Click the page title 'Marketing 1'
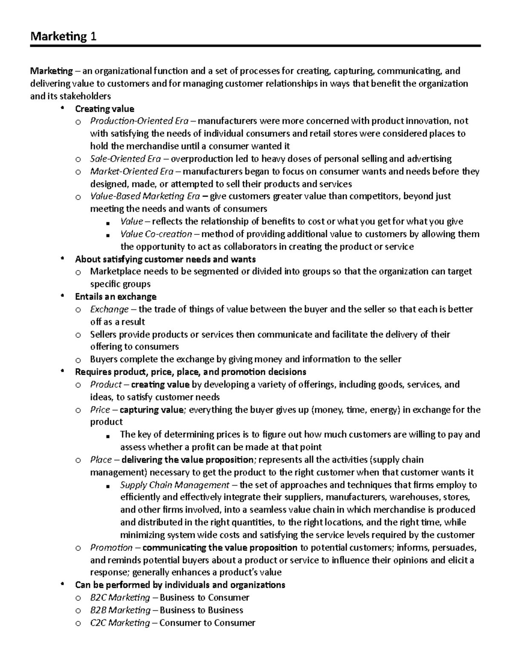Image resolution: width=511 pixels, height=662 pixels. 63,37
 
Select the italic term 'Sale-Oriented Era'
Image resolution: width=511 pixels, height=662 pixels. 125,159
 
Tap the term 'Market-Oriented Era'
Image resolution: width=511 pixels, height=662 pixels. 132,171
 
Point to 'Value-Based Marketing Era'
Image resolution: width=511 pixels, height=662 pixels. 145,196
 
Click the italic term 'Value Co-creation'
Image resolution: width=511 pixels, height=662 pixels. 156,234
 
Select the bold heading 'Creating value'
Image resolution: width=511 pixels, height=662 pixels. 104,109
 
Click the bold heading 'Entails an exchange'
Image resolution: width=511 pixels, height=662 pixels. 115,297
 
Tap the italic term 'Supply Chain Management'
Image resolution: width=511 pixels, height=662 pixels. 175,485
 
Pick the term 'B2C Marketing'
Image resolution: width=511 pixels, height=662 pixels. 120,598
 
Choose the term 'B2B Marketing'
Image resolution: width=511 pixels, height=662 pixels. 120,610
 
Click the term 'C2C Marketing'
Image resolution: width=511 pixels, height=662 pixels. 120,623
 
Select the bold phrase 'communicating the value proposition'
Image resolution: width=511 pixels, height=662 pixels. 220,547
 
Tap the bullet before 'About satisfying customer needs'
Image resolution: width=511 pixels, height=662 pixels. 63,258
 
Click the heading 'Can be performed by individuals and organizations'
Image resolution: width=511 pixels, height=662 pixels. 180,585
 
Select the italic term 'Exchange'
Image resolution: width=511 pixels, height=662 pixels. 109,309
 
